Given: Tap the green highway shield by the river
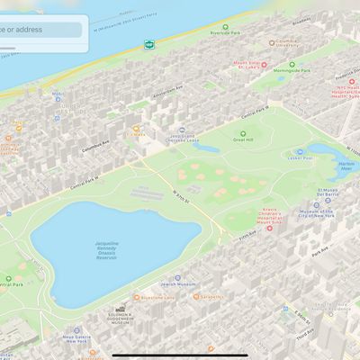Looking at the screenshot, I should click(148, 43).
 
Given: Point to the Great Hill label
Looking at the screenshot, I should click(243, 139).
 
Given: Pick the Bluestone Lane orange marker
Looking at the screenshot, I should click(137, 296).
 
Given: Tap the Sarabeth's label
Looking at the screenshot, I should click(211, 296).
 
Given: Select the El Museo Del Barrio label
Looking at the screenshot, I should click(327, 193).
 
